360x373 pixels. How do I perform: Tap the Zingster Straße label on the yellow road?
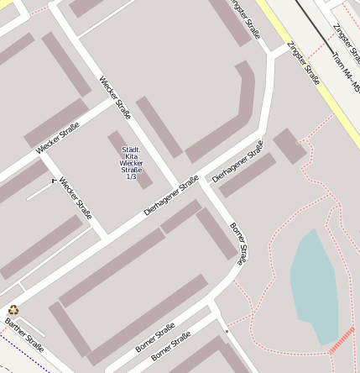click(x=303, y=63)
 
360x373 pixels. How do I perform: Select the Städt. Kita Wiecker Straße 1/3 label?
click(x=131, y=163)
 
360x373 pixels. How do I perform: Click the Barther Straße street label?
click(x=23, y=333)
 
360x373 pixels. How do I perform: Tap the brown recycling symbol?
click(x=13, y=310)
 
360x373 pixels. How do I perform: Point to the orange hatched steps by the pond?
click(x=342, y=339)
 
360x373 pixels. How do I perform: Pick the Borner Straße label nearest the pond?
click(x=238, y=244)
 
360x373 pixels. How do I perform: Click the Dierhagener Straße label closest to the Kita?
click(x=171, y=196)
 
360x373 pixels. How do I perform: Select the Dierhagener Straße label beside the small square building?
click(x=237, y=161)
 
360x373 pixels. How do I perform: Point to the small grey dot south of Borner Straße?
click(x=226, y=332)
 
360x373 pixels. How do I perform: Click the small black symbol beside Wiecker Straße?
click(x=55, y=180)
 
